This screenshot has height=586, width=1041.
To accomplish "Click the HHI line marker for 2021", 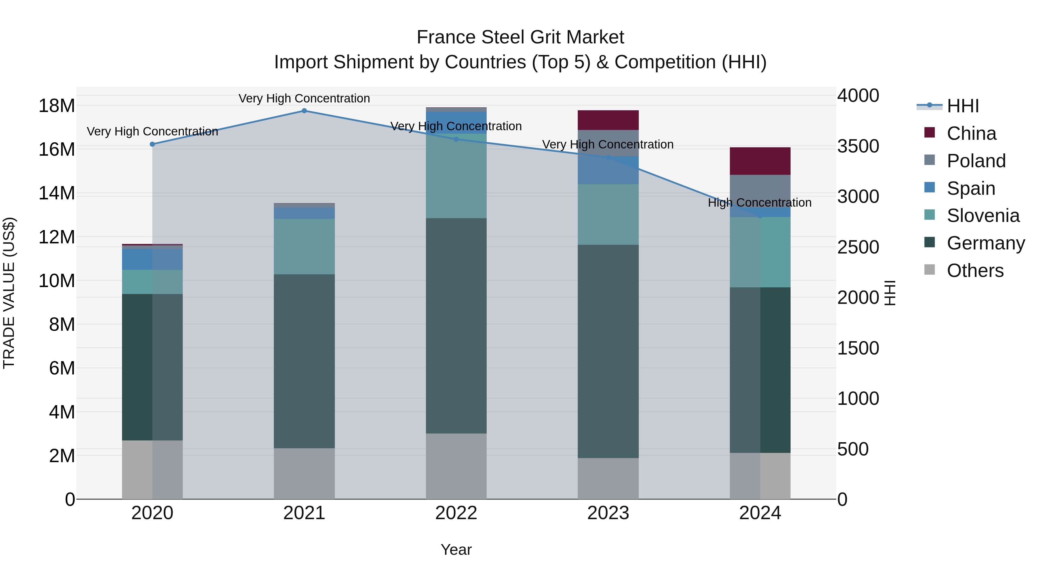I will point(304,111).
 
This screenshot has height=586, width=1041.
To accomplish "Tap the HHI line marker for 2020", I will point(152,144).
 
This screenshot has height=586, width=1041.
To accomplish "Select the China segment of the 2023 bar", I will point(608,120).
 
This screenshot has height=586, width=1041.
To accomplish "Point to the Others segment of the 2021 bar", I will point(304,473).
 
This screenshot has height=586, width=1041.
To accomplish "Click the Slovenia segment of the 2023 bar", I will point(608,214).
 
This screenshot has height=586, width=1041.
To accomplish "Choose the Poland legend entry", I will point(976,161).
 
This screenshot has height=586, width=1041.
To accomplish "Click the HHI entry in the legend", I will point(963,106).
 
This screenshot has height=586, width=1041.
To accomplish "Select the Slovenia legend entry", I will point(983,216).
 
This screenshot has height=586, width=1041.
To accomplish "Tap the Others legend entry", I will point(975,271).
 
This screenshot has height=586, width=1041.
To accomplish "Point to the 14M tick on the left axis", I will point(57,193).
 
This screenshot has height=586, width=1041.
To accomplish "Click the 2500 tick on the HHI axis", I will point(858,247).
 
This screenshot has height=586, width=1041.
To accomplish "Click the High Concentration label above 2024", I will point(759,203).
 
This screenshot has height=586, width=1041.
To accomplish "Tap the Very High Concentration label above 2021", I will point(304,98).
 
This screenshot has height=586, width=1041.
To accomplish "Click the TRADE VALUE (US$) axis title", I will point(9,293).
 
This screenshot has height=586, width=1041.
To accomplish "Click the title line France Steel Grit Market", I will point(520,37).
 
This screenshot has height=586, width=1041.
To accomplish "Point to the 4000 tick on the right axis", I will point(858,96).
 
